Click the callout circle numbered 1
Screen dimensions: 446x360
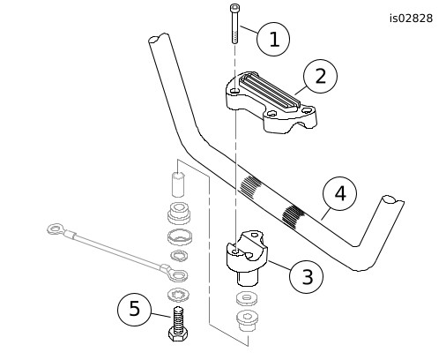coord(273,39)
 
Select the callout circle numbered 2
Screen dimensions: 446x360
coord(320,76)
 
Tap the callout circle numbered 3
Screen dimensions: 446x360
coord(306,276)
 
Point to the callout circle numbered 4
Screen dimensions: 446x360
coord(340,193)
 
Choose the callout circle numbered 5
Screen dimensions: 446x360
coord(134,309)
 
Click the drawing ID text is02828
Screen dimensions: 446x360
coord(411,19)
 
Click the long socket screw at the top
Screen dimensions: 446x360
coord(234,24)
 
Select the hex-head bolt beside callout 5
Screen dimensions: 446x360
coord(179,324)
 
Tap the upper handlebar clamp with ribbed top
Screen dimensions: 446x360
coord(271,102)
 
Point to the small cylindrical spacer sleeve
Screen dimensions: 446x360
coord(178,184)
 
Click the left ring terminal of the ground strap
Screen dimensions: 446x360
coord(55,229)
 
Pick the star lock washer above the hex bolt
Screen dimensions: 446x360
coord(179,295)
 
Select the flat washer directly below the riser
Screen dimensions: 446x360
coord(248,298)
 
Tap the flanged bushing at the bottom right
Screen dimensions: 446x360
coord(248,320)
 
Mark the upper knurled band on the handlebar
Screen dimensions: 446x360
coord(250,186)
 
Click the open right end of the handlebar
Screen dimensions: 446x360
coord(393,200)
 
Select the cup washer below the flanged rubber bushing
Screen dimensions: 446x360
coord(180,236)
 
